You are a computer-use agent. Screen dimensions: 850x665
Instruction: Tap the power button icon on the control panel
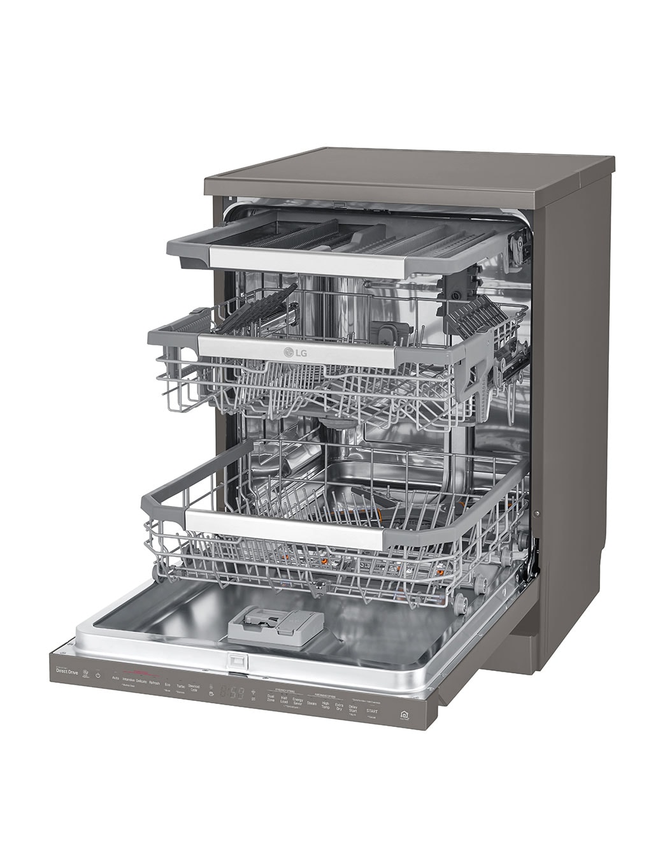[x=98, y=675]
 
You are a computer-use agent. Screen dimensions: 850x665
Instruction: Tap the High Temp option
[x=325, y=705]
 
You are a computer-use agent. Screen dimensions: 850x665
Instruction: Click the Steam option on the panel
[x=311, y=703]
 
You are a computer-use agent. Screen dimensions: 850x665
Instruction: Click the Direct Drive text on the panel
[x=68, y=671]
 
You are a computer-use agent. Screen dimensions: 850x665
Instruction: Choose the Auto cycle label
[x=115, y=679]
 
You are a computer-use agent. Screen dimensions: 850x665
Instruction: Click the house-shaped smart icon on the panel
[x=404, y=715]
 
